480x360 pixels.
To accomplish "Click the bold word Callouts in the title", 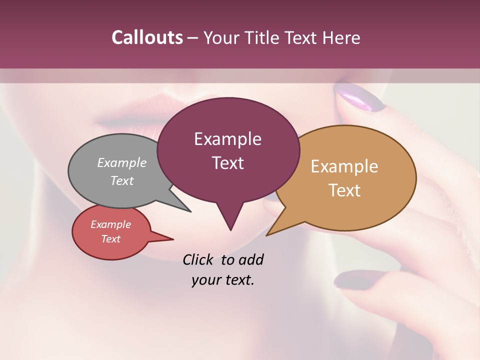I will click(147, 37).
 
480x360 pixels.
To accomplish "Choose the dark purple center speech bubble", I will click(228, 150).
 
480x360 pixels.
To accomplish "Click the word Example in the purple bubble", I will click(227, 139).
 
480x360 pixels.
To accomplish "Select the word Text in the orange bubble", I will click(344, 190).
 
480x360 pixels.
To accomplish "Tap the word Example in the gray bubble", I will click(122, 163).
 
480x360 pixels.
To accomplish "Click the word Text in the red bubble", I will click(111, 239).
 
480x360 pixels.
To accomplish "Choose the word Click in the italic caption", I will click(197, 259).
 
